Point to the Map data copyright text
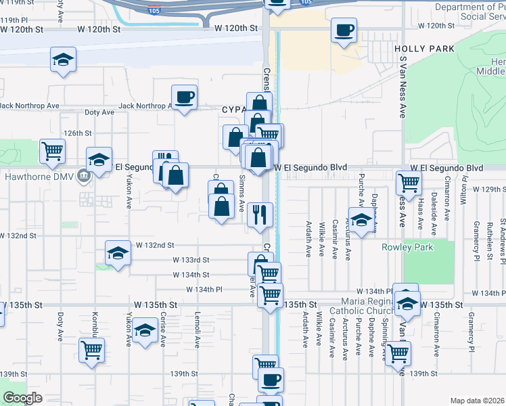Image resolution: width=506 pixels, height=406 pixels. click(478, 401)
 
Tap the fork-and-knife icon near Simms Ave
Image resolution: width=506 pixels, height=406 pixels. click(260, 215)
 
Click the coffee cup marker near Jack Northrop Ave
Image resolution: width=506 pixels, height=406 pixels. click(184, 97)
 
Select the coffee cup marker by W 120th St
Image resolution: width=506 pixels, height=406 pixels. click(344, 30)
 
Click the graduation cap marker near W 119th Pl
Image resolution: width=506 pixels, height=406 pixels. click(63, 60)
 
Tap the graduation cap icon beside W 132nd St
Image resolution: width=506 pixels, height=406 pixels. click(118, 254)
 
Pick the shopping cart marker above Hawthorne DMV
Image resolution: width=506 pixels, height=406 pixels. click(52, 152)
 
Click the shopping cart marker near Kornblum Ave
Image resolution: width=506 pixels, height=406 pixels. click(92, 351)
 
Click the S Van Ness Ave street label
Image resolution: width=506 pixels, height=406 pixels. click(402, 87)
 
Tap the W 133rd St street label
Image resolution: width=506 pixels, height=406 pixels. click(191, 260)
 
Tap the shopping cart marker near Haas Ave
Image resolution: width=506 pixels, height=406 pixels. click(409, 181)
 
